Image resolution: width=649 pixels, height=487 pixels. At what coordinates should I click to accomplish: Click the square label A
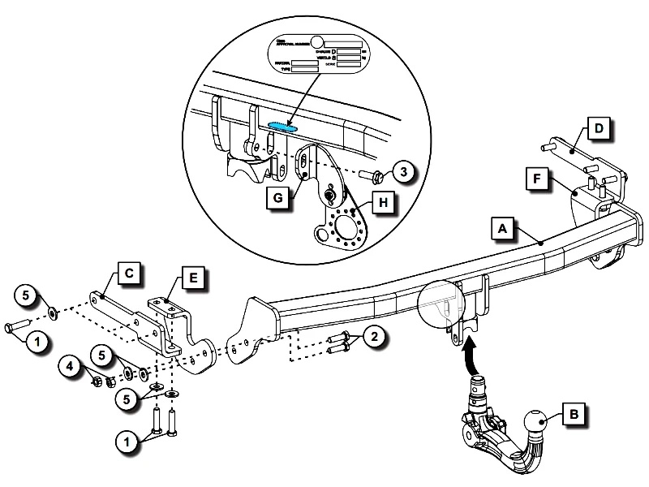point(502,231)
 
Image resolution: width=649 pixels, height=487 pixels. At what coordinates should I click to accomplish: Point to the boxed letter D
point(596,128)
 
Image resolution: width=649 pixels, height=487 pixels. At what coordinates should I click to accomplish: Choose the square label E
point(191,278)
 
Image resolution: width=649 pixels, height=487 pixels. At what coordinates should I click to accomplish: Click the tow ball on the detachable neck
point(535,424)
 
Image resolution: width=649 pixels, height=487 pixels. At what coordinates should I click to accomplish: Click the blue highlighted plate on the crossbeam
point(282,126)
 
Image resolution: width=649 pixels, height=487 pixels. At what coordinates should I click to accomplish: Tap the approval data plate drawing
point(318,56)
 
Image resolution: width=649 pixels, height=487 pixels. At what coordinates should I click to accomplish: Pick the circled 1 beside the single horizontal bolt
point(35,342)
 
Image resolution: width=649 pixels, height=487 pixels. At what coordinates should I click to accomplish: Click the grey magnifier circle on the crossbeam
point(441,304)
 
